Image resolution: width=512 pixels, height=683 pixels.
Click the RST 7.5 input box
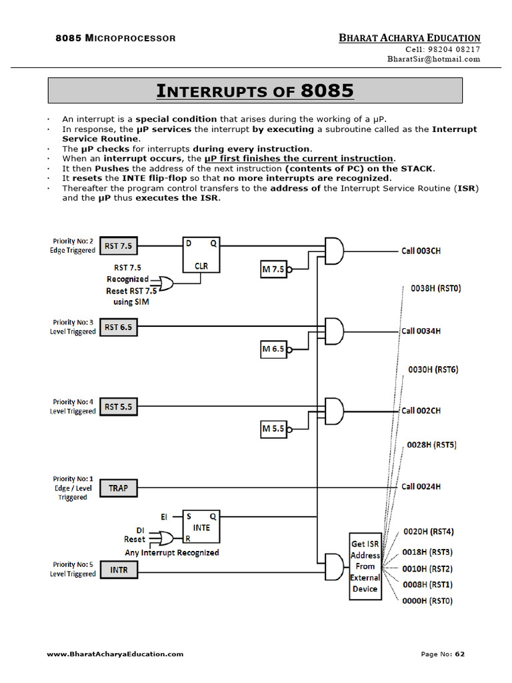pos(118,246)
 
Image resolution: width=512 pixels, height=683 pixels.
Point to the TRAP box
pos(118,488)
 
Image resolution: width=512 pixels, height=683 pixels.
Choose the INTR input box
pos(118,570)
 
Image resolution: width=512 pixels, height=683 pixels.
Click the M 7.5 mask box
pos(273,269)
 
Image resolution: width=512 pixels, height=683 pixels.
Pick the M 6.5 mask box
pos(273,349)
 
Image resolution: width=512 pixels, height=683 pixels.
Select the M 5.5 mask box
pos(273,429)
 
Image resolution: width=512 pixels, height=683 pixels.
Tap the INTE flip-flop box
pos(201,527)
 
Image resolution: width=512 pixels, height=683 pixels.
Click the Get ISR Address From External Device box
pos(365,566)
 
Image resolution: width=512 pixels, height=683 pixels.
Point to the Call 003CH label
pos(421,251)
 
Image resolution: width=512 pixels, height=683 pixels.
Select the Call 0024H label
pos(421,487)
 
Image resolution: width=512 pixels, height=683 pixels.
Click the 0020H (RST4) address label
pos(429,532)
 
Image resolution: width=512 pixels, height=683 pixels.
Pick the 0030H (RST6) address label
pos(433,370)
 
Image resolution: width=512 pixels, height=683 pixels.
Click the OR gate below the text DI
pos(163,538)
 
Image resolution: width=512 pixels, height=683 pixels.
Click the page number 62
pos(459,654)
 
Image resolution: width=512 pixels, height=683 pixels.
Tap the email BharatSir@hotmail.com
pos(433,59)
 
